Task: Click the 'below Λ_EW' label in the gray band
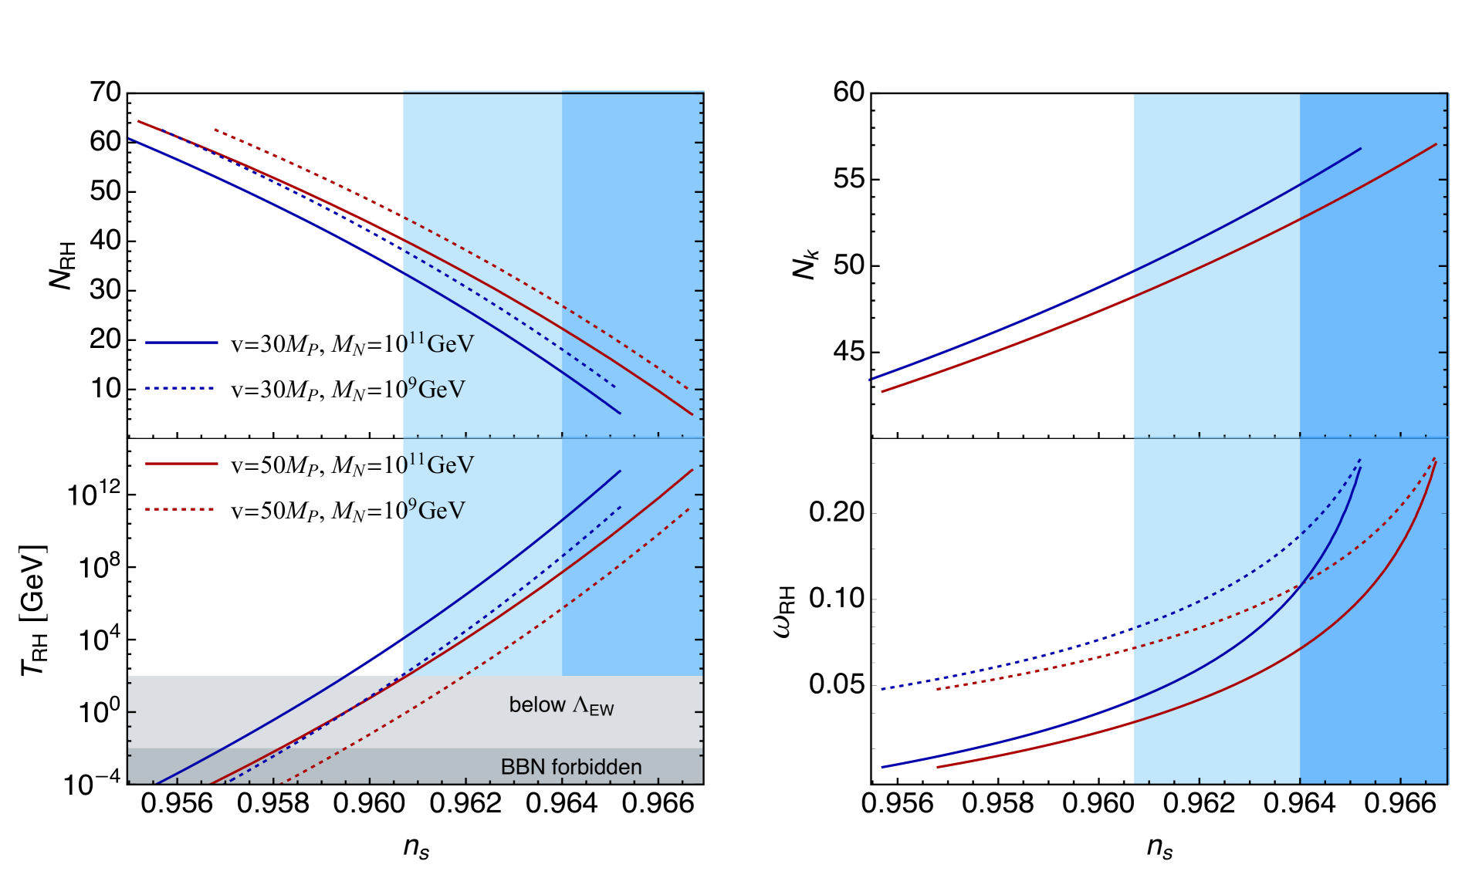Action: (x=561, y=705)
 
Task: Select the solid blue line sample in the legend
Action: (x=181, y=342)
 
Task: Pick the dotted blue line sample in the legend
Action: (x=180, y=388)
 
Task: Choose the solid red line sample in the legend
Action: (x=181, y=464)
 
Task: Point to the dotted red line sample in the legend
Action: (x=180, y=509)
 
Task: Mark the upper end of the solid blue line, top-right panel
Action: (x=1360, y=148)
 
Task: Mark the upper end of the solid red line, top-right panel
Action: (x=1436, y=144)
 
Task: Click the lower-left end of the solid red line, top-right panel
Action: (x=882, y=392)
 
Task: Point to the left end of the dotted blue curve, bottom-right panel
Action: (x=882, y=688)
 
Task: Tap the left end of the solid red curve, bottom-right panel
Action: (x=937, y=767)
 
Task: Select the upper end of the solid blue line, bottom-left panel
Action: (x=621, y=471)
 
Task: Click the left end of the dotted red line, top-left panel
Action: (x=215, y=130)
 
